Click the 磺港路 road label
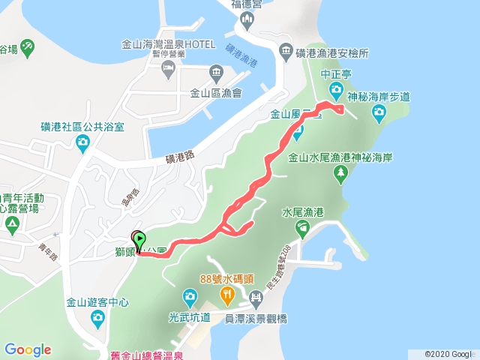(180, 158)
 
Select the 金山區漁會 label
(216, 94)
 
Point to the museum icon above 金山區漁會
(216, 73)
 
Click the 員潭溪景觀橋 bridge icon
(256, 300)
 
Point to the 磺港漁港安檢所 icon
(286, 52)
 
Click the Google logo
(28, 349)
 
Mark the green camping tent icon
(12, 223)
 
